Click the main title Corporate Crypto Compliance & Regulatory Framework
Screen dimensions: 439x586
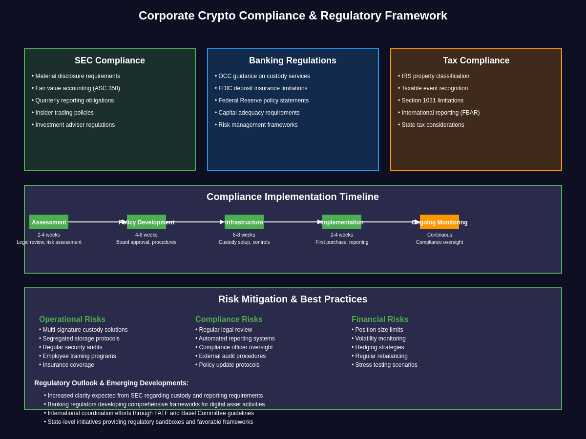[x=293, y=16]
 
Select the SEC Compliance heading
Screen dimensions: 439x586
[x=110, y=60]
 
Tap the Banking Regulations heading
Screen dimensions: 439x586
[x=293, y=60]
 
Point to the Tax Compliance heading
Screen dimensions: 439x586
[x=476, y=60]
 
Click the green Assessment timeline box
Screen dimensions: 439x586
[x=49, y=222]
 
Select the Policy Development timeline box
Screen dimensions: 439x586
[x=146, y=222]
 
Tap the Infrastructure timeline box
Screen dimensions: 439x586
[x=244, y=222]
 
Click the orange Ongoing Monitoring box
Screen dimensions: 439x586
[x=439, y=222]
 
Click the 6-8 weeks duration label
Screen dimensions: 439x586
[x=244, y=235]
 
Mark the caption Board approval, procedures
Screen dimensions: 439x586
[x=146, y=242]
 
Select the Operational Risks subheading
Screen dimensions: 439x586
[x=72, y=319]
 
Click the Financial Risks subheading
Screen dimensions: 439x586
[x=380, y=319]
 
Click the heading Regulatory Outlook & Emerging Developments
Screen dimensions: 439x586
[x=111, y=383]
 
